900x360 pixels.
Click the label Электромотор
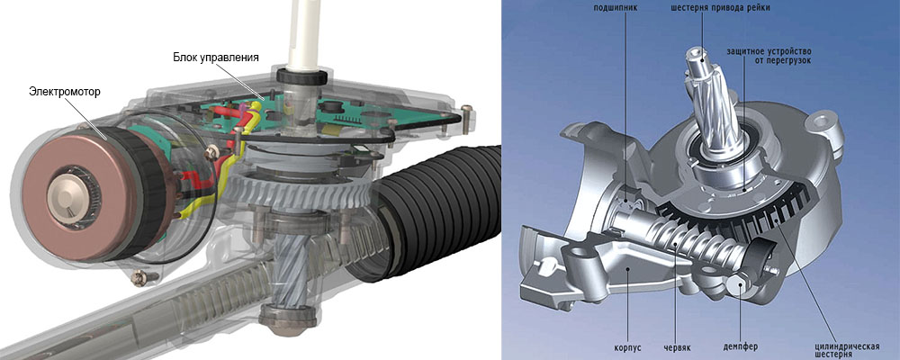(x=64, y=92)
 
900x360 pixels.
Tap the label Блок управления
(x=216, y=58)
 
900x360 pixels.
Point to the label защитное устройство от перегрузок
(x=769, y=57)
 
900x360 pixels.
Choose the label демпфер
(x=740, y=347)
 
